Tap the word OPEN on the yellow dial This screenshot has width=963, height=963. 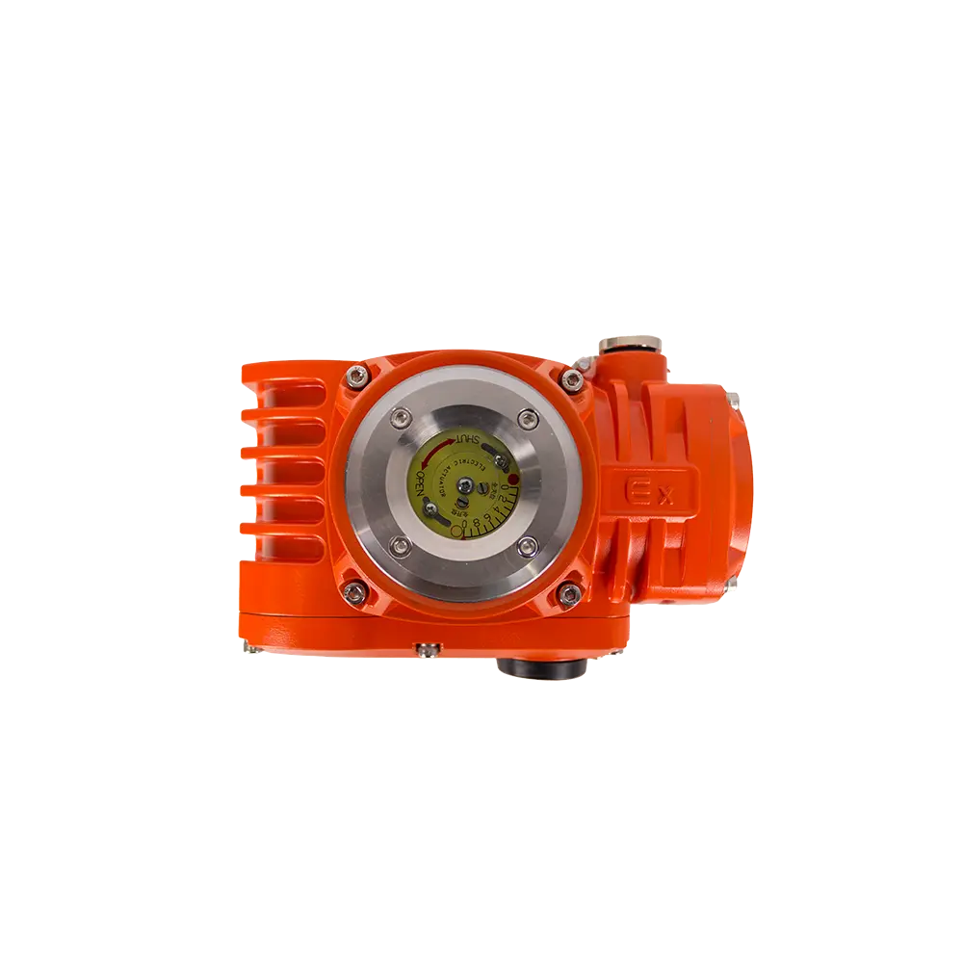tap(421, 488)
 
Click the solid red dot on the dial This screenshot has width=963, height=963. tap(514, 478)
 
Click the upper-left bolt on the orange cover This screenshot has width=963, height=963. tap(360, 377)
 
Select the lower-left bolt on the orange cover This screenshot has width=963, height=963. tap(357, 592)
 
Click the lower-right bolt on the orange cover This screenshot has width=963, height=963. tap(572, 592)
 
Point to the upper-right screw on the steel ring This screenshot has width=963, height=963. tap(526, 416)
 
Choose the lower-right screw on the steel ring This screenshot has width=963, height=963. tap(526, 546)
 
